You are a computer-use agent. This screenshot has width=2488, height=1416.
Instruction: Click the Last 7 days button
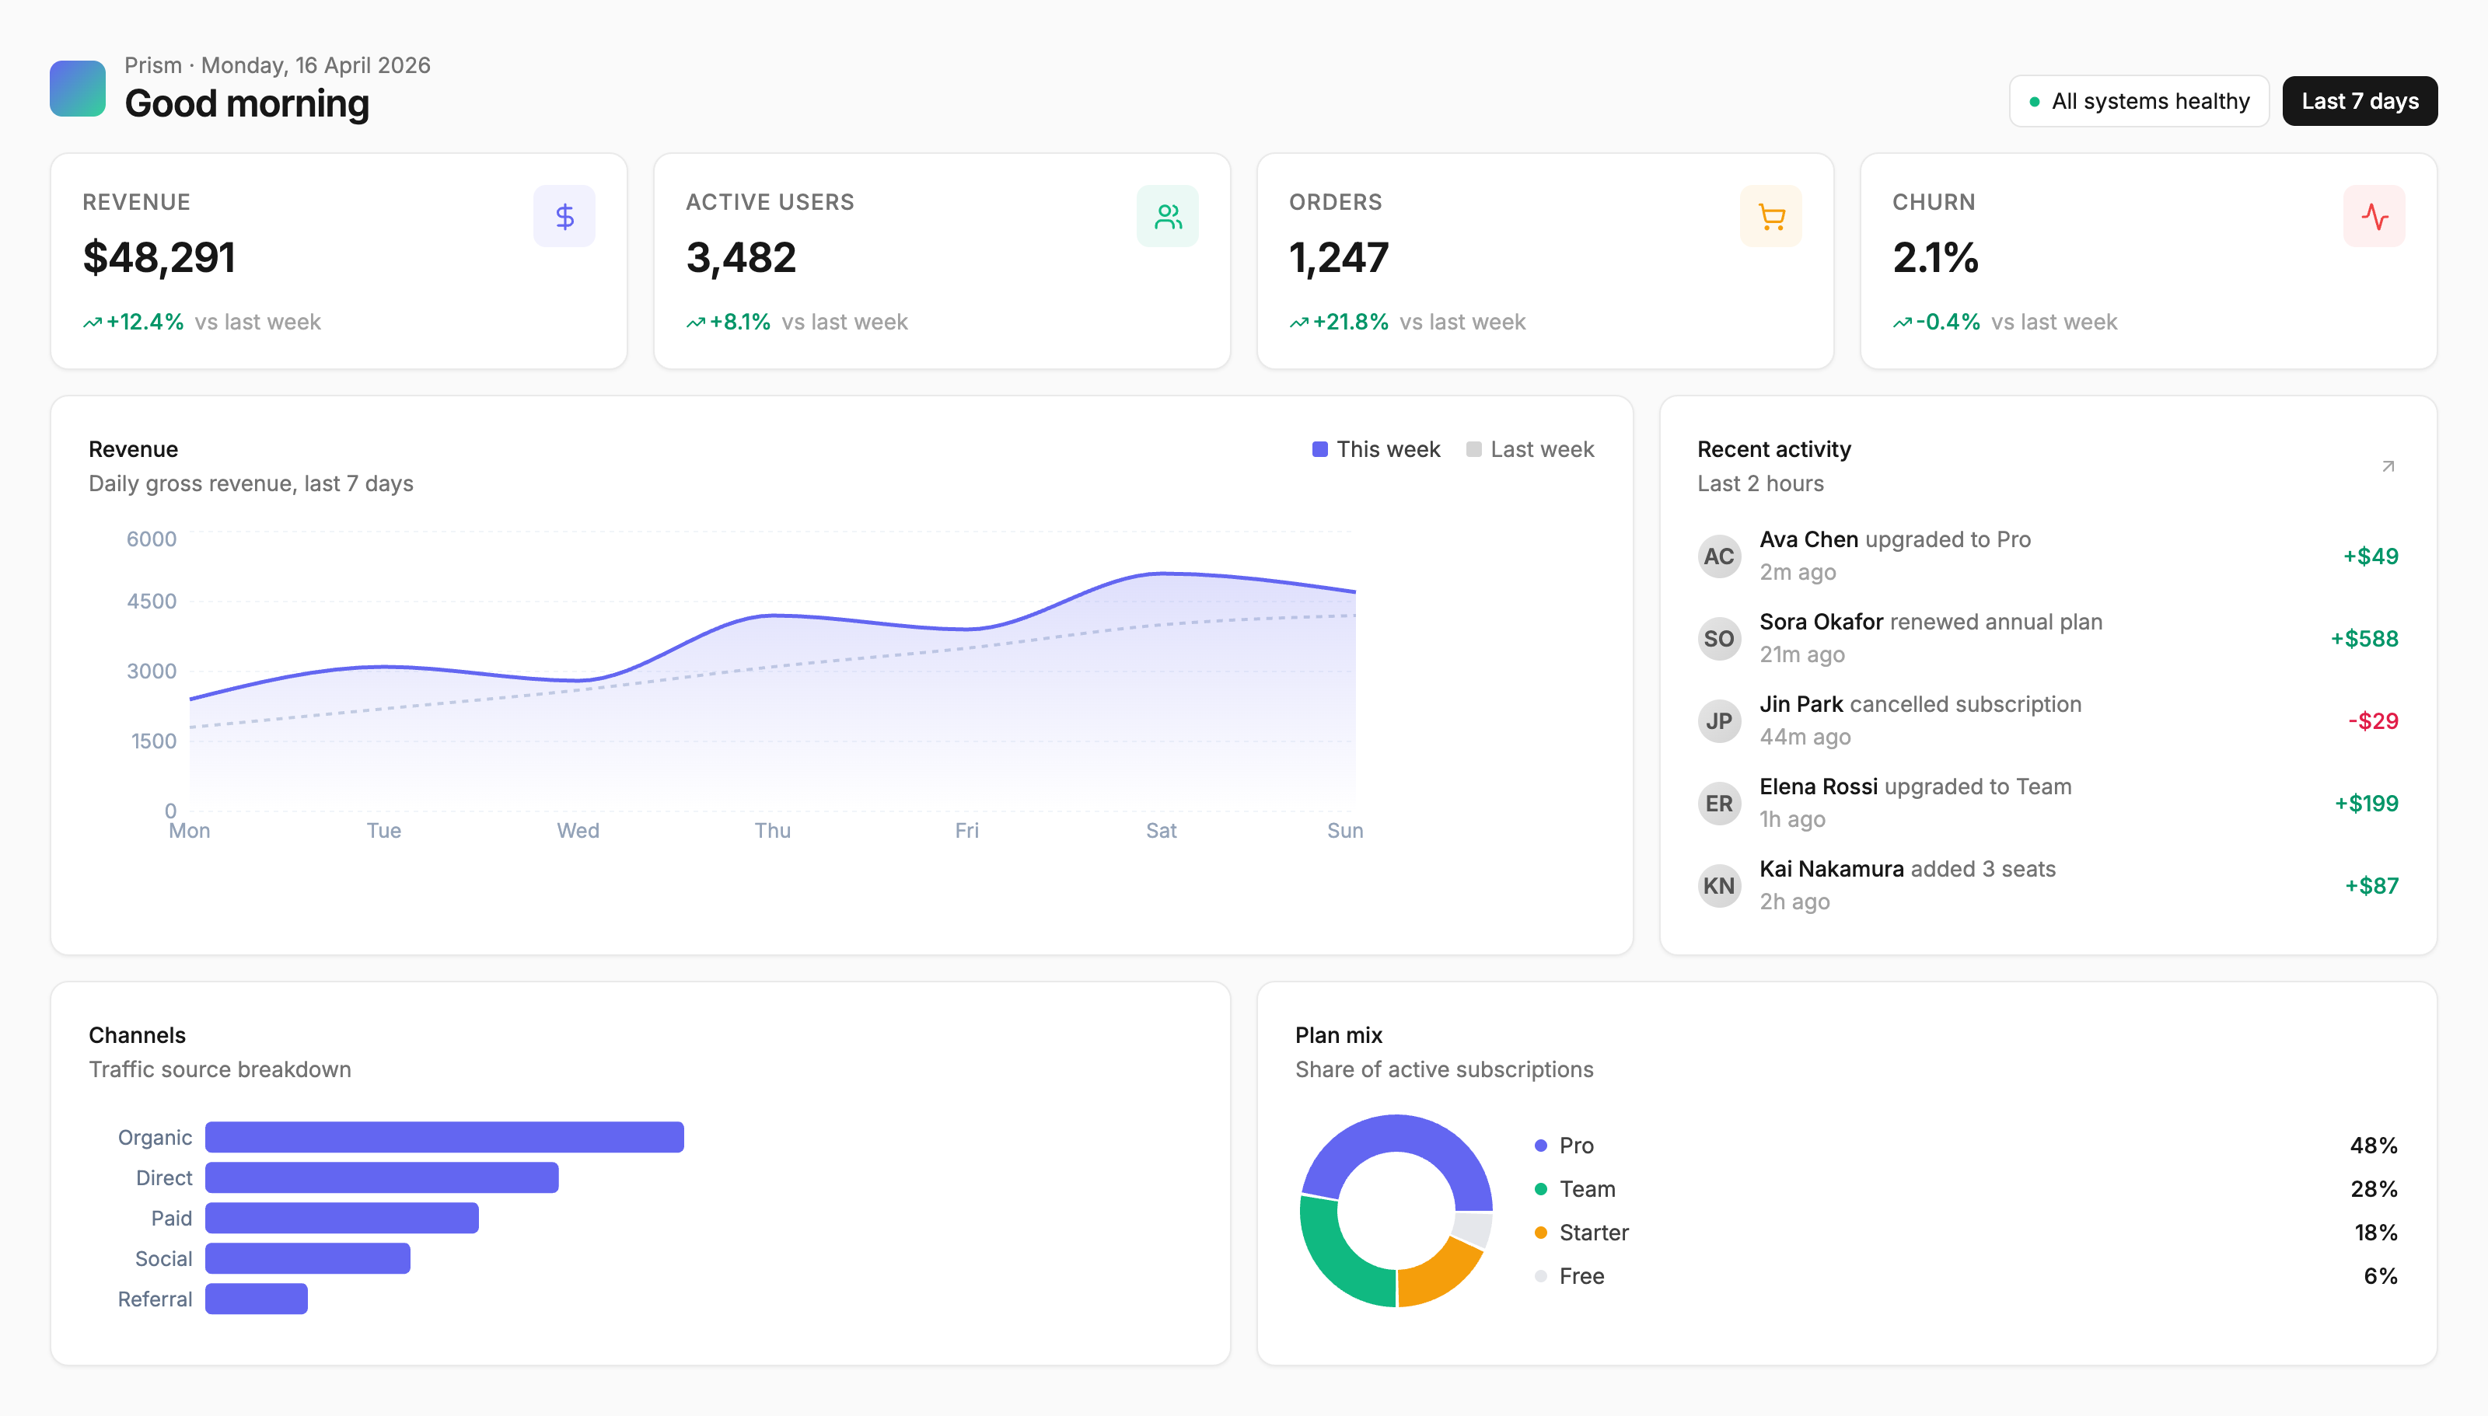click(2359, 101)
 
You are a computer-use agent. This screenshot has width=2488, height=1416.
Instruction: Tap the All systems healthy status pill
click(2139, 101)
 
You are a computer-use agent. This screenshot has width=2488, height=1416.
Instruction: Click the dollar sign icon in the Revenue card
click(564, 216)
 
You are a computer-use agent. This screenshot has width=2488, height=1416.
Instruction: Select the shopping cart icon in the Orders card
click(1771, 216)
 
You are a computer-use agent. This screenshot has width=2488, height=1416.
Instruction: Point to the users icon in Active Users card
click(1167, 216)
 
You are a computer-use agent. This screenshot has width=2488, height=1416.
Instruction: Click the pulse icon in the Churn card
click(2374, 216)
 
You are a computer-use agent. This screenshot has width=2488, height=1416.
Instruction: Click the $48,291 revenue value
click(159, 258)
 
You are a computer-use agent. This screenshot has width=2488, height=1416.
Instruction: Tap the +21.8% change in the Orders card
click(1350, 322)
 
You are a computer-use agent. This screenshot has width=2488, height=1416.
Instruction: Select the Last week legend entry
click(1530, 449)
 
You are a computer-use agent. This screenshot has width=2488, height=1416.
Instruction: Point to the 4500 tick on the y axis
click(152, 601)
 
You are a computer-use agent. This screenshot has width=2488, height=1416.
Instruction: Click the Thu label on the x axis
click(772, 831)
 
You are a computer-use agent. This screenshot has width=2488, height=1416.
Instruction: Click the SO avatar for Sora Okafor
click(1718, 639)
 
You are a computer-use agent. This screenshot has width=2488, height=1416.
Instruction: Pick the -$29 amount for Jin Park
click(2373, 720)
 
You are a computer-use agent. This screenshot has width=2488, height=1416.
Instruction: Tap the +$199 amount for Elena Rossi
click(2367, 804)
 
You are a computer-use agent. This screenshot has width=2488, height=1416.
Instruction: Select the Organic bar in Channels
click(445, 1137)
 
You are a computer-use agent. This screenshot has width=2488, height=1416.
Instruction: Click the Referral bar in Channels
click(257, 1299)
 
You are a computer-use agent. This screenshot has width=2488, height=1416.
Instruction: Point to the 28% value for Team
click(2373, 1188)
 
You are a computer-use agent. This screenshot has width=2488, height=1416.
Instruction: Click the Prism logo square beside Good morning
click(78, 89)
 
